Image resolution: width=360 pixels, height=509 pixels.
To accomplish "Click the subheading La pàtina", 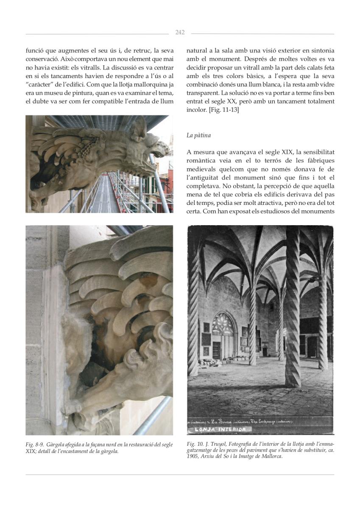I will click(198, 135).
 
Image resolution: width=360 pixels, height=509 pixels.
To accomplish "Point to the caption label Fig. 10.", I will click(194, 444).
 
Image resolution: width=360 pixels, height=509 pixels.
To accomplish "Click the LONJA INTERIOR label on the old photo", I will click(220, 429).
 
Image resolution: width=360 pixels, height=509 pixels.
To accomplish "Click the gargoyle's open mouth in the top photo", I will click(161, 148).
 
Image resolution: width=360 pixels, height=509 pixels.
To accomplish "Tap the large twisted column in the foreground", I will click(293, 305).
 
